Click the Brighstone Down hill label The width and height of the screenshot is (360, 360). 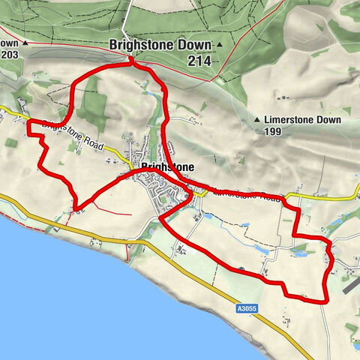point(160,45)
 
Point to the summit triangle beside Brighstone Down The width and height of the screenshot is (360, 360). point(220,46)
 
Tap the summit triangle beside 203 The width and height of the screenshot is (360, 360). point(25,43)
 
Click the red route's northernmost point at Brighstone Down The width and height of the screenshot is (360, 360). point(132,62)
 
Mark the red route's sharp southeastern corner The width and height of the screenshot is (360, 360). point(327,300)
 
